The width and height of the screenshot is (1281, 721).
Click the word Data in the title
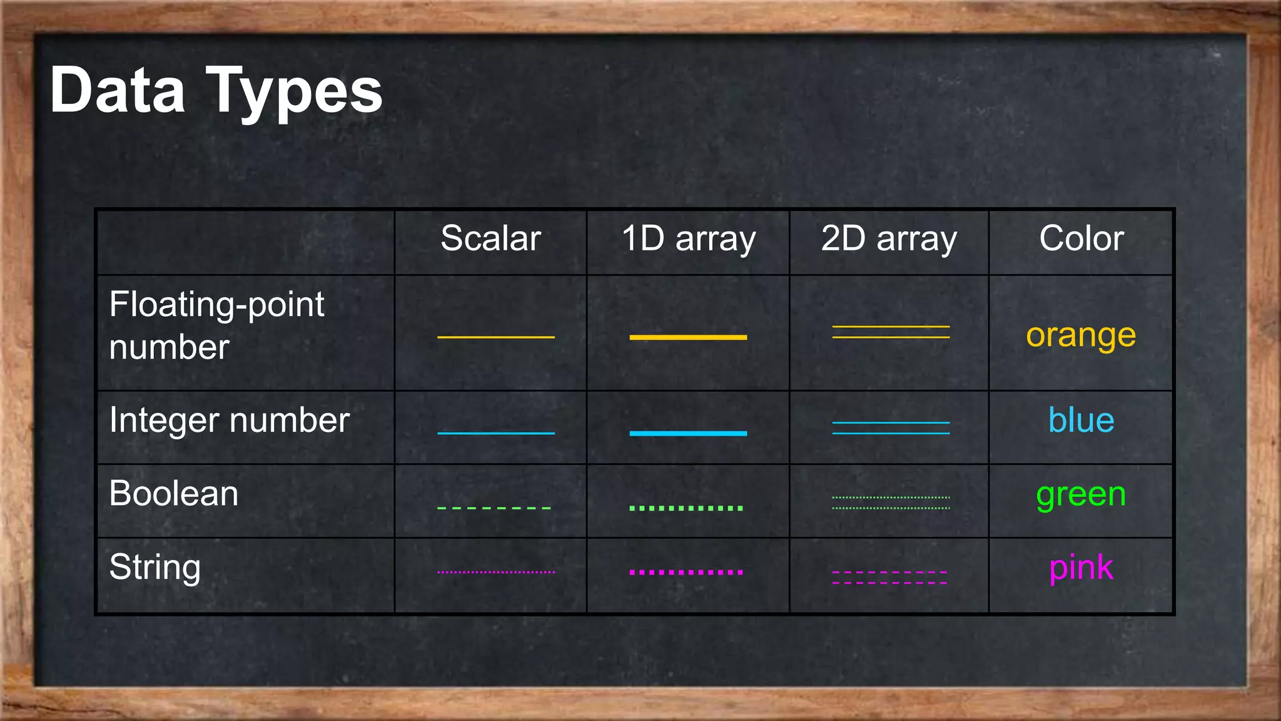[x=118, y=91]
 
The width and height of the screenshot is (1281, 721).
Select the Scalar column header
[x=490, y=238]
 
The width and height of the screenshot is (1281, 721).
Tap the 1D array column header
[x=688, y=238]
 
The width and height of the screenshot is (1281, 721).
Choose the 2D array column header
[x=889, y=238]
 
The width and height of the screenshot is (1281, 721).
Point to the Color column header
[x=1081, y=238]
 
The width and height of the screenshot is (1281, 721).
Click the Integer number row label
[x=229, y=420]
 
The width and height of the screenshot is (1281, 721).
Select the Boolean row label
[x=174, y=493]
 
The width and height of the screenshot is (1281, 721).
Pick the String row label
[x=154, y=567]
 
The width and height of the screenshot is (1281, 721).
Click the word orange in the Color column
[x=1081, y=336]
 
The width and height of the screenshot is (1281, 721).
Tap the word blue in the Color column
[x=1081, y=420]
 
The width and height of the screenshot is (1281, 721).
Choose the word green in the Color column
[x=1081, y=494]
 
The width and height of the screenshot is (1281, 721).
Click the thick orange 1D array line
[x=688, y=337]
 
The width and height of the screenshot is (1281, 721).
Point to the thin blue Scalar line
[x=495, y=433]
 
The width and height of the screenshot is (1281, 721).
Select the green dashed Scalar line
[x=494, y=508]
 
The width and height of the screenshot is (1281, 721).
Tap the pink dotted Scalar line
[x=495, y=572]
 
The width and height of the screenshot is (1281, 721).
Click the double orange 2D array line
[x=891, y=332]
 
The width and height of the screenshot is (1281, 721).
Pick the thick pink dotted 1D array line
[x=686, y=572]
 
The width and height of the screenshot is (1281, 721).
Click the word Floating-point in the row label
[x=216, y=305]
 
